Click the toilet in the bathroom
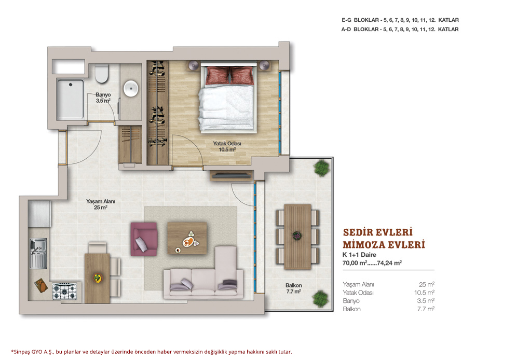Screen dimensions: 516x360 tap(102, 74)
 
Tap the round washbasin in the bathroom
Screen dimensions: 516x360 tap(131, 88)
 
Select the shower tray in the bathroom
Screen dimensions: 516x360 tap(71, 99)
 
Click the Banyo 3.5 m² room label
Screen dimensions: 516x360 tap(103, 98)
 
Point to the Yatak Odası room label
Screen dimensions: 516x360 tap(227, 146)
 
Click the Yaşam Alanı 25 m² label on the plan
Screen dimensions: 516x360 tap(100, 204)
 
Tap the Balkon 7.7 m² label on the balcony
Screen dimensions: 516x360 tap(293, 288)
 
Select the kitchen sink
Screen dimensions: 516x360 tap(38, 253)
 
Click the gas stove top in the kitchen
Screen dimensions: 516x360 tap(64, 291)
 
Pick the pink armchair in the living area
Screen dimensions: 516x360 tap(144, 239)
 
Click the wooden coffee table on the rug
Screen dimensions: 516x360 tap(187, 238)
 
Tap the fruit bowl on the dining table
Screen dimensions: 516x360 tap(98, 278)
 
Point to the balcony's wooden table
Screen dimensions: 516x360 tap(297, 237)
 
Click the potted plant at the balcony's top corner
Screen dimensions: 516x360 tap(321, 168)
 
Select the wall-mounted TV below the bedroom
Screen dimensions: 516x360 tap(232, 176)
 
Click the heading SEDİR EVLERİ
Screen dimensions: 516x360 tap(378, 232)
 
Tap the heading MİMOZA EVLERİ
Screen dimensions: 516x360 tap(384, 245)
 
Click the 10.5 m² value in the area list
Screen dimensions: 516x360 tap(424, 292)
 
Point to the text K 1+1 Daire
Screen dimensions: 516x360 tap(359, 255)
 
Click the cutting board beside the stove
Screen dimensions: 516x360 tap(41, 285)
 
